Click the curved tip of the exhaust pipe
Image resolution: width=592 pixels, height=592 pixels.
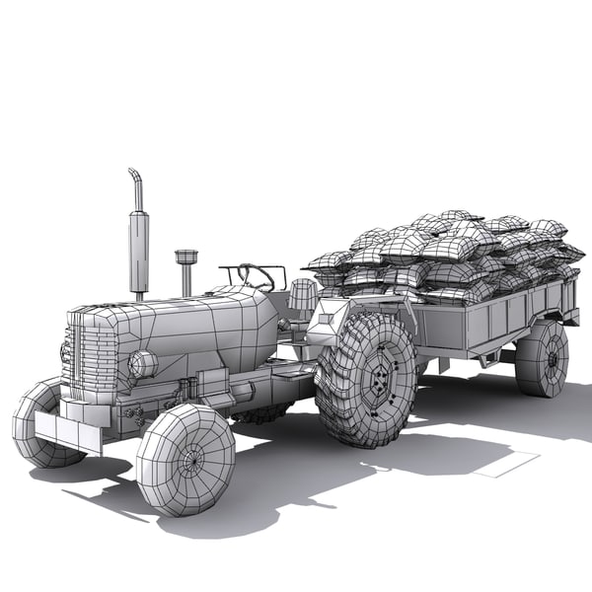tap(134, 179)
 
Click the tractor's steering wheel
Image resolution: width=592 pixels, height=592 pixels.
tap(255, 276)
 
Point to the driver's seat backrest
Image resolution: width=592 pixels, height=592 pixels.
tap(303, 293)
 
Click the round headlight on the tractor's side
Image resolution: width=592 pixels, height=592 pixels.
tap(144, 364)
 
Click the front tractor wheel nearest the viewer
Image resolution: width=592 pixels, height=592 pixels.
tap(185, 460)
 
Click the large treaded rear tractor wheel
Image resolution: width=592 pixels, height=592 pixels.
tap(365, 380)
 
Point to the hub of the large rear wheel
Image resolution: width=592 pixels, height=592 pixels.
tap(375, 380)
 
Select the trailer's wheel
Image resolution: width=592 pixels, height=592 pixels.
tap(542, 357)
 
